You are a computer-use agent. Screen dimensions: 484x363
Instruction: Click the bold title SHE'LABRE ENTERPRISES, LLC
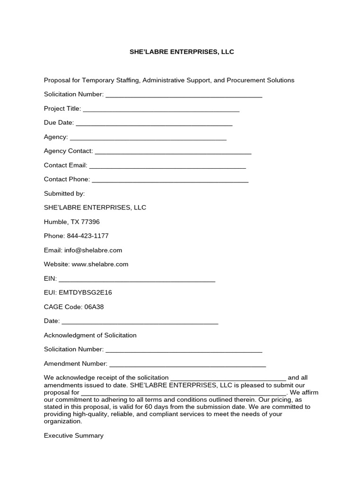click(x=181, y=52)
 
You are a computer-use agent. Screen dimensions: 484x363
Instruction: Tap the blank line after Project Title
click(x=161, y=109)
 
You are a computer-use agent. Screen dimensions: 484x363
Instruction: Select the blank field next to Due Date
click(x=154, y=123)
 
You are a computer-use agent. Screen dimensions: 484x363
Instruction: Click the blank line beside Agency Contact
click(x=173, y=152)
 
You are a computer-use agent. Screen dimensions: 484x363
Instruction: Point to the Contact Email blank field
click(x=167, y=166)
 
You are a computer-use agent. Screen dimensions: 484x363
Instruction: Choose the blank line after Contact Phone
click(x=170, y=180)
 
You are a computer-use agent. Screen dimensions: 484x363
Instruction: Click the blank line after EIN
click(x=137, y=279)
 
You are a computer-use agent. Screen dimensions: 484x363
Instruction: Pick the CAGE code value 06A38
click(x=94, y=307)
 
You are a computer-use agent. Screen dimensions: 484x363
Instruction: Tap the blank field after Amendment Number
click(x=188, y=364)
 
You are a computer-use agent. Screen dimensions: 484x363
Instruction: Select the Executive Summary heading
click(x=74, y=435)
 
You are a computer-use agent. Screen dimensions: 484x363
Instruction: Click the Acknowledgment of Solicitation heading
click(x=90, y=335)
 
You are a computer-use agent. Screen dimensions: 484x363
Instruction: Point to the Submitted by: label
click(x=64, y=193)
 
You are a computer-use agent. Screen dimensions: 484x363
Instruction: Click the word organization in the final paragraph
click(x=62, y=421)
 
